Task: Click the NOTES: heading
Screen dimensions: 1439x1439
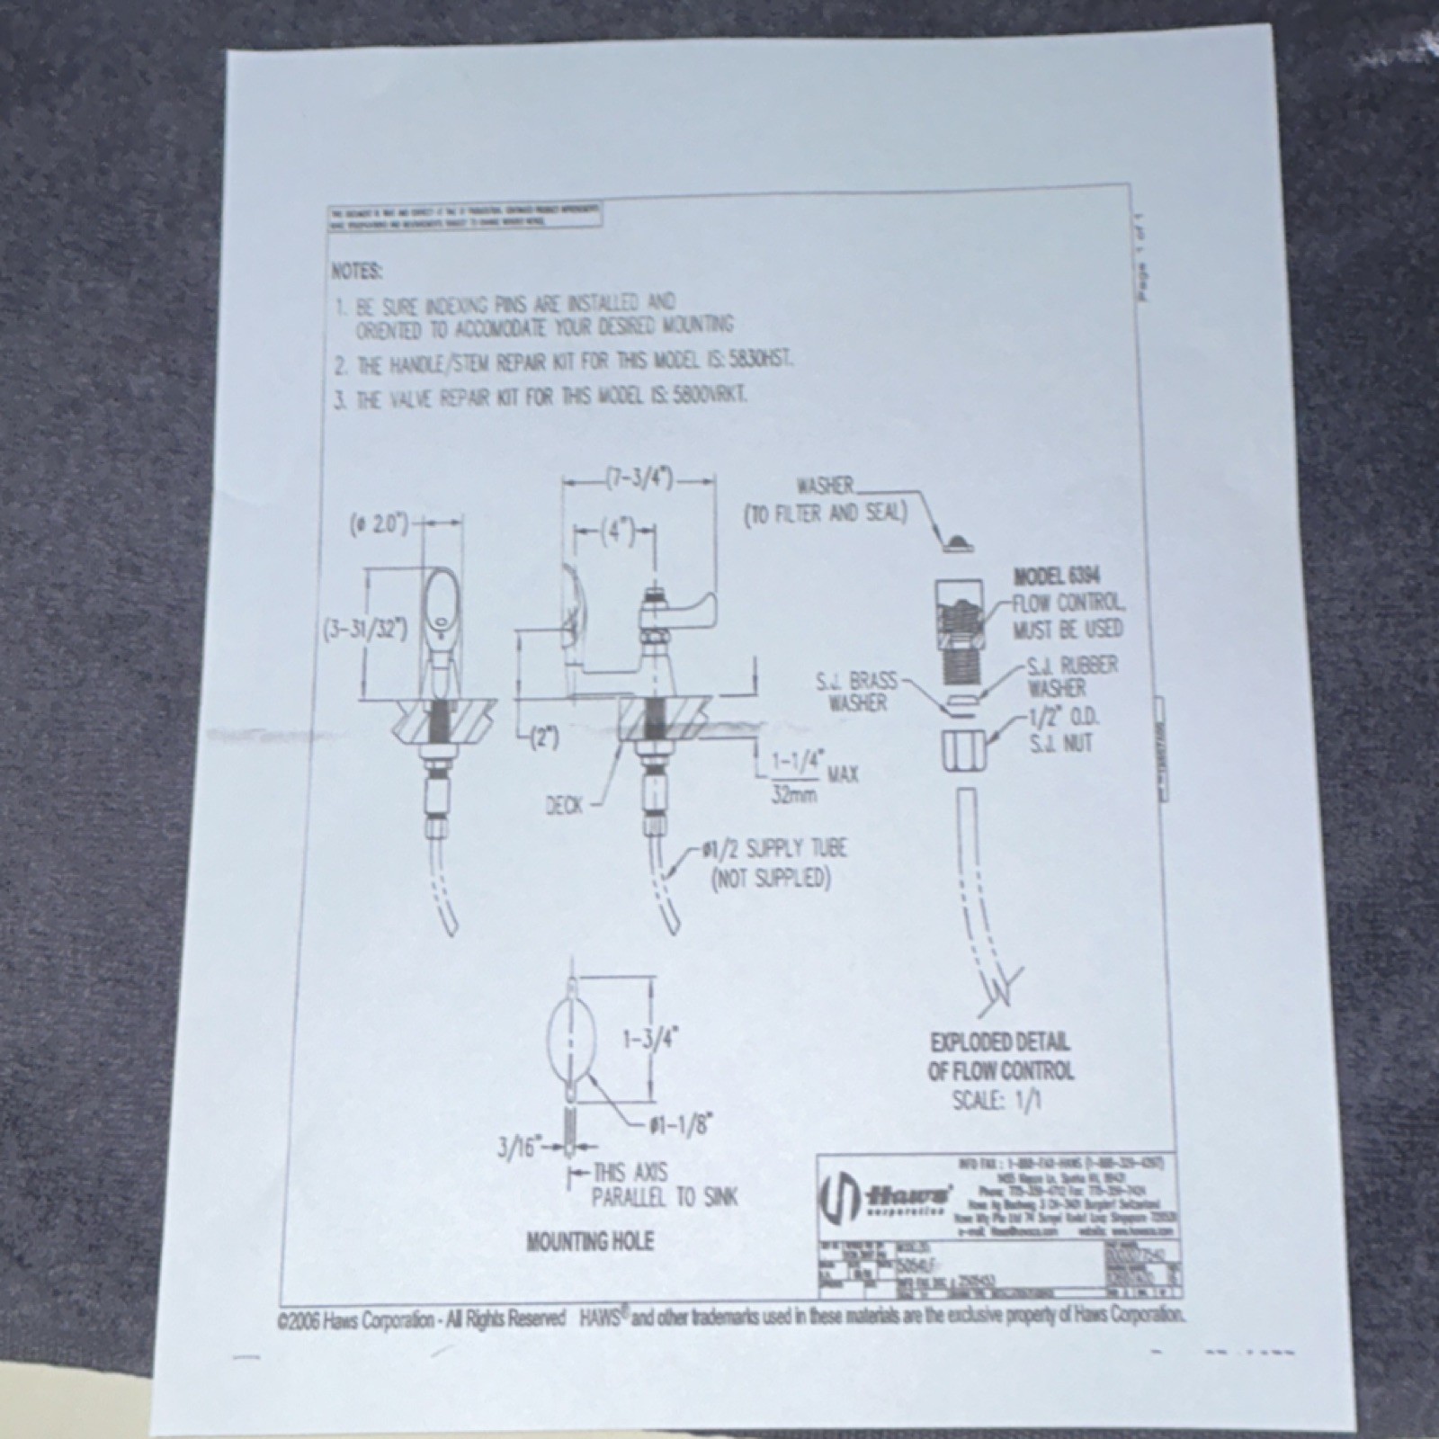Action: pos(357,271)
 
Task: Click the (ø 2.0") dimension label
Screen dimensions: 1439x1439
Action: pos(379,523)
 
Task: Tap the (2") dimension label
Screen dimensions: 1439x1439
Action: pos(543,738)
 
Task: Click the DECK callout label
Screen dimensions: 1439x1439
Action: pos(565,806)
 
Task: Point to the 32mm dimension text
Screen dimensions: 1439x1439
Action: pos(789,795)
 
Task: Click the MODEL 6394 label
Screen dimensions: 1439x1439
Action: pos(1056,576)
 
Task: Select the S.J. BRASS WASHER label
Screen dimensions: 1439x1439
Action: pos(857,692)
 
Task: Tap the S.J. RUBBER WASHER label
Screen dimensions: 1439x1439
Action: pos(1072,676)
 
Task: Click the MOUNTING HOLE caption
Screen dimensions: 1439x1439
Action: pos(590,1242)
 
